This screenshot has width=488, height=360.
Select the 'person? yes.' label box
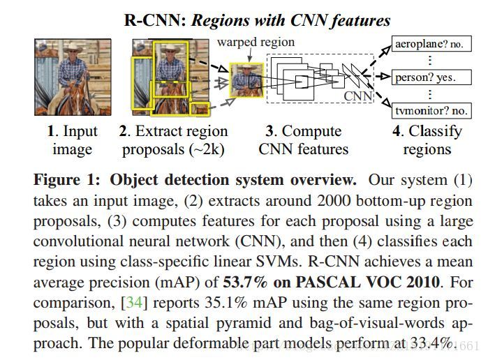[x=424, y=77]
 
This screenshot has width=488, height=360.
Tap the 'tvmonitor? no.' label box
[x=428, y=110]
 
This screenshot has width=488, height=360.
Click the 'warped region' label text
[x=256, y=42]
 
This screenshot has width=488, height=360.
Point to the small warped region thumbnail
[x=245, y=80]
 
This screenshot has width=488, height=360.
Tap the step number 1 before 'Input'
[x=51, y=131]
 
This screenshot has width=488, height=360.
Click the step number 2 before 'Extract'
[x=124, y=131]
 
